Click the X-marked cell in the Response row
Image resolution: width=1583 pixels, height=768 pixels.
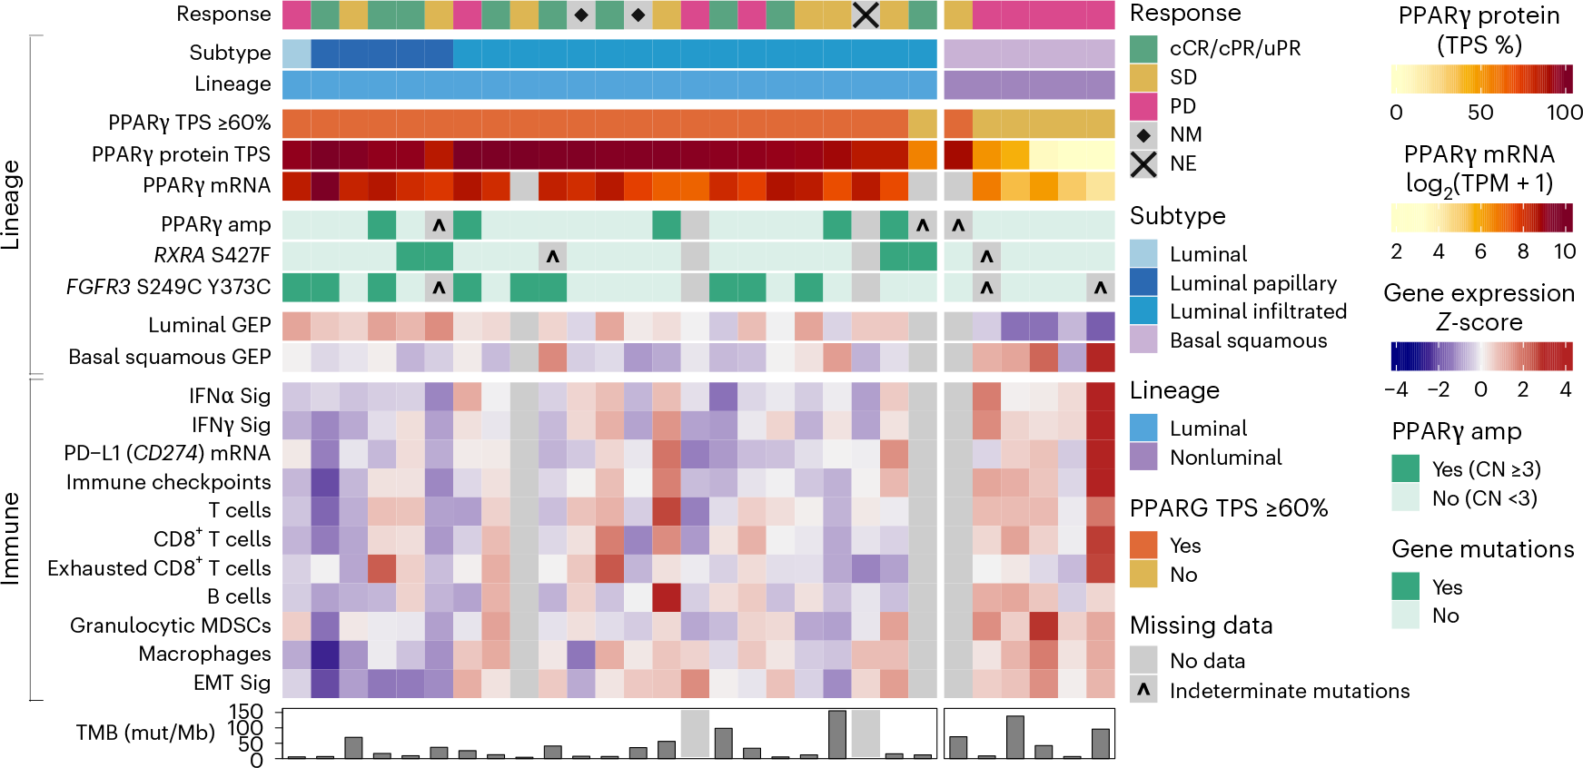[866, 15]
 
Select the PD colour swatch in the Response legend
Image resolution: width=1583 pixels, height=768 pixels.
[1143, 106]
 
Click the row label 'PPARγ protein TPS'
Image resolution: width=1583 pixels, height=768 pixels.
[181, 154]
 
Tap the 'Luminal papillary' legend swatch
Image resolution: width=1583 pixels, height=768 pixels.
[1143, 282]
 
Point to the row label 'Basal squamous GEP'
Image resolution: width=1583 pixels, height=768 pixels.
[170, 357]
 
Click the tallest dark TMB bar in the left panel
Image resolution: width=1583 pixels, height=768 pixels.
[836, 734]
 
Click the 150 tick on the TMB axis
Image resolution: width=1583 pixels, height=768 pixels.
[245, 712]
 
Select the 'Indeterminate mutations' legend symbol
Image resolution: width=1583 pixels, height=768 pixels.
[1143, 690]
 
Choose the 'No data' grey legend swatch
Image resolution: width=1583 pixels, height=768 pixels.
[1143, 660]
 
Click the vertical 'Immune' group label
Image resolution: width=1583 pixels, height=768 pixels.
[11, 538]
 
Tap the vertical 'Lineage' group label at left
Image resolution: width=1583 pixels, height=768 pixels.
[11, 204]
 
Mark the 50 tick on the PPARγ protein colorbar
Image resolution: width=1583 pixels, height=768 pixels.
[1480, 113]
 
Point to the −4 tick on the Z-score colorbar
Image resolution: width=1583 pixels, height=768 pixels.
[1396, 389]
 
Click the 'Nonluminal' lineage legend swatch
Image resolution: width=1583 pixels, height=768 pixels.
[1143, 457]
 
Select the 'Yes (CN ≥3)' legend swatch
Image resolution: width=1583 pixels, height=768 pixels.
[1405, 468]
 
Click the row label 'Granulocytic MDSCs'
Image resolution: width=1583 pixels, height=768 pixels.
[171, 625]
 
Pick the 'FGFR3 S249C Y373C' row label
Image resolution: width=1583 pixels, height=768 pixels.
[168, 287]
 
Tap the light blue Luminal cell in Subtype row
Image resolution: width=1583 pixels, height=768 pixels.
[296, 54]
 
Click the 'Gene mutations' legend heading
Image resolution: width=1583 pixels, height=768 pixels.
[1482, 549]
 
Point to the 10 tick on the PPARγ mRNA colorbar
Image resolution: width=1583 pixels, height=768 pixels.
[1564, 251]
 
